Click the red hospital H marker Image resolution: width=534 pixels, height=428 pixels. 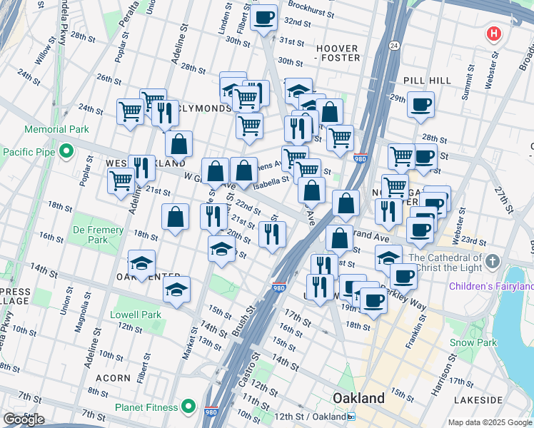click(493, 34)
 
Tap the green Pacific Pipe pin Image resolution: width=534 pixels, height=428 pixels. click(66, 151)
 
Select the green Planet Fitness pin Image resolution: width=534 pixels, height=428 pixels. click(188, 407)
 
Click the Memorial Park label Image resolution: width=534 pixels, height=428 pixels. click(56, 130)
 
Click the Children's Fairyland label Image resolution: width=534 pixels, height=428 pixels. click(491, 287)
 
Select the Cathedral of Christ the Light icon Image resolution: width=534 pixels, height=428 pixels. click(493, 263)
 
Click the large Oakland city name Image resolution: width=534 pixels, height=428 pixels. click(360, 397)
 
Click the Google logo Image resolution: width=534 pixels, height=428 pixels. click(24, 419)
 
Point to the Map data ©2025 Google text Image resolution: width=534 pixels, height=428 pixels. click(489, 422)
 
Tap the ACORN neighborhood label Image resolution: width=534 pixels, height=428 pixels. click(113, 377)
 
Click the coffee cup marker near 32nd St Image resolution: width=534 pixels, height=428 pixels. click(263, 17)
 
